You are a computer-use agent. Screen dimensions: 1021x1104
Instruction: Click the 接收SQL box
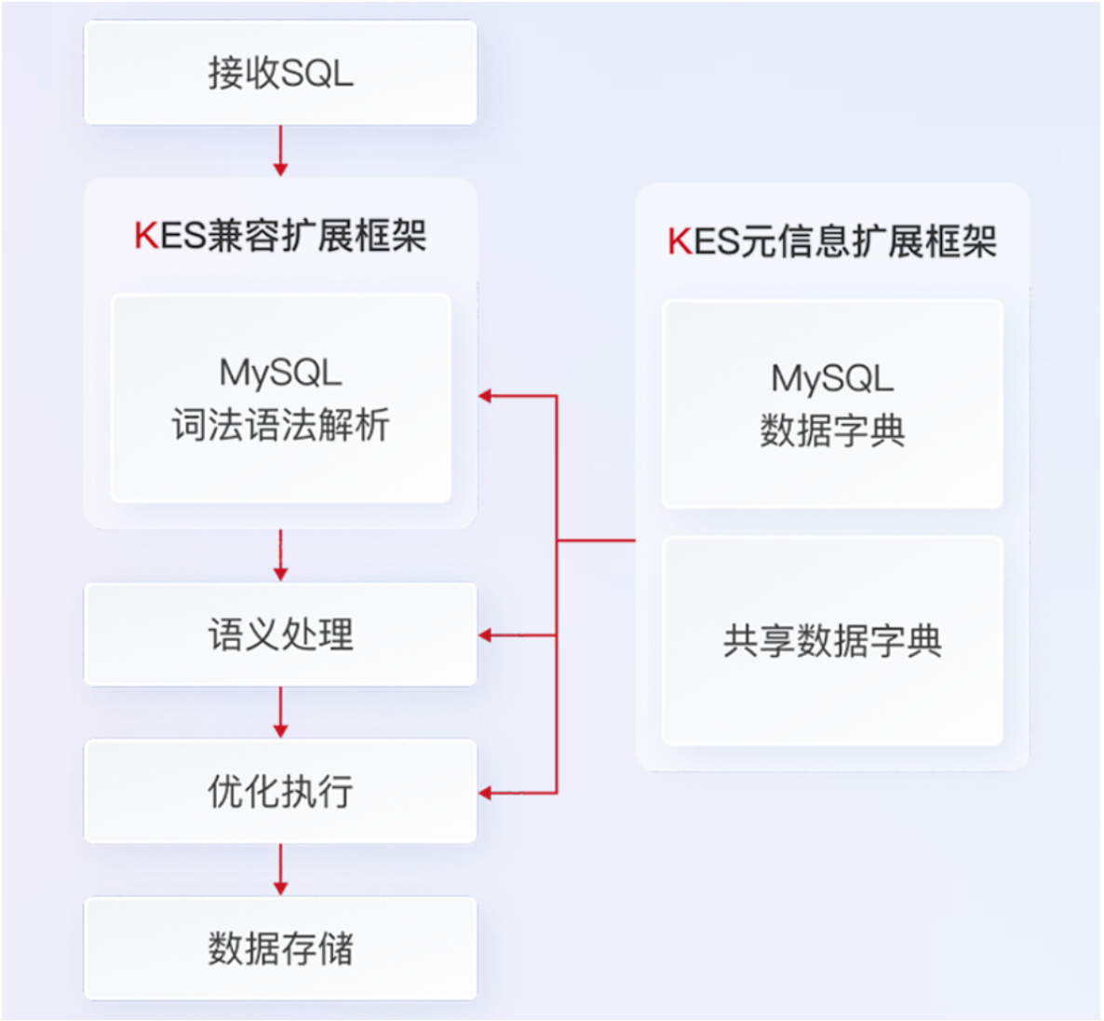click(280, 73)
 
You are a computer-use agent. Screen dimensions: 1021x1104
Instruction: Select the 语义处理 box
click(280, 634)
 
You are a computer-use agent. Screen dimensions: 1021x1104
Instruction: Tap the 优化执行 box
click(280, 791)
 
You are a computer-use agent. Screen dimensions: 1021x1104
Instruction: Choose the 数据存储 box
click(280, 948)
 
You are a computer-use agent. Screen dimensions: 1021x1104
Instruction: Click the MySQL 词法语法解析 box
click(280, 399)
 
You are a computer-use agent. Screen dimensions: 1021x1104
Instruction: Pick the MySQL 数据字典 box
click(832, 404)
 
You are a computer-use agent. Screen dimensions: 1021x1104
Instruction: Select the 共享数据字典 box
click(832, 641)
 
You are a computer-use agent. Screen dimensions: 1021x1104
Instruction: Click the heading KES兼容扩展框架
click(280, 235)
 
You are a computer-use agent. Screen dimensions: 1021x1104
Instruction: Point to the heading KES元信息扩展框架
click(832, 241)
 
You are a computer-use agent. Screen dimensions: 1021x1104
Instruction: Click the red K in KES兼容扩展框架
click(145, 235)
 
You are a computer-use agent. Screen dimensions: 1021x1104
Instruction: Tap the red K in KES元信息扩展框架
click(679, 241)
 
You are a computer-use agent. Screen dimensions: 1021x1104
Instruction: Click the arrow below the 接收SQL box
click(280, 151)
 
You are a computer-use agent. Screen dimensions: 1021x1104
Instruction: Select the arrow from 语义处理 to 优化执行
click(280, 713)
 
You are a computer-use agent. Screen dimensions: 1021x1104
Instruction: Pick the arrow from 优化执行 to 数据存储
click(280, 870)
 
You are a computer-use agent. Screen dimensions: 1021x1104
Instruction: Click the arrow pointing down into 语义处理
click(280, 556)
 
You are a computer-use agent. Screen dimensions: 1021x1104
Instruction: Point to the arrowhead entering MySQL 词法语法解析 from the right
click(486, 396)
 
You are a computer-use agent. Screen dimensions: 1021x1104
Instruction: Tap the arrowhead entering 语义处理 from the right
click(486, 635)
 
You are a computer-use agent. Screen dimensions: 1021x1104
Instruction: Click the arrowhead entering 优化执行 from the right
click(486, 793)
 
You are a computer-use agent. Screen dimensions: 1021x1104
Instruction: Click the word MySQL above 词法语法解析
click(280, 373)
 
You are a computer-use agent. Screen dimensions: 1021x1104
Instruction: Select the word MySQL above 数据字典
click(832, 378)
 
